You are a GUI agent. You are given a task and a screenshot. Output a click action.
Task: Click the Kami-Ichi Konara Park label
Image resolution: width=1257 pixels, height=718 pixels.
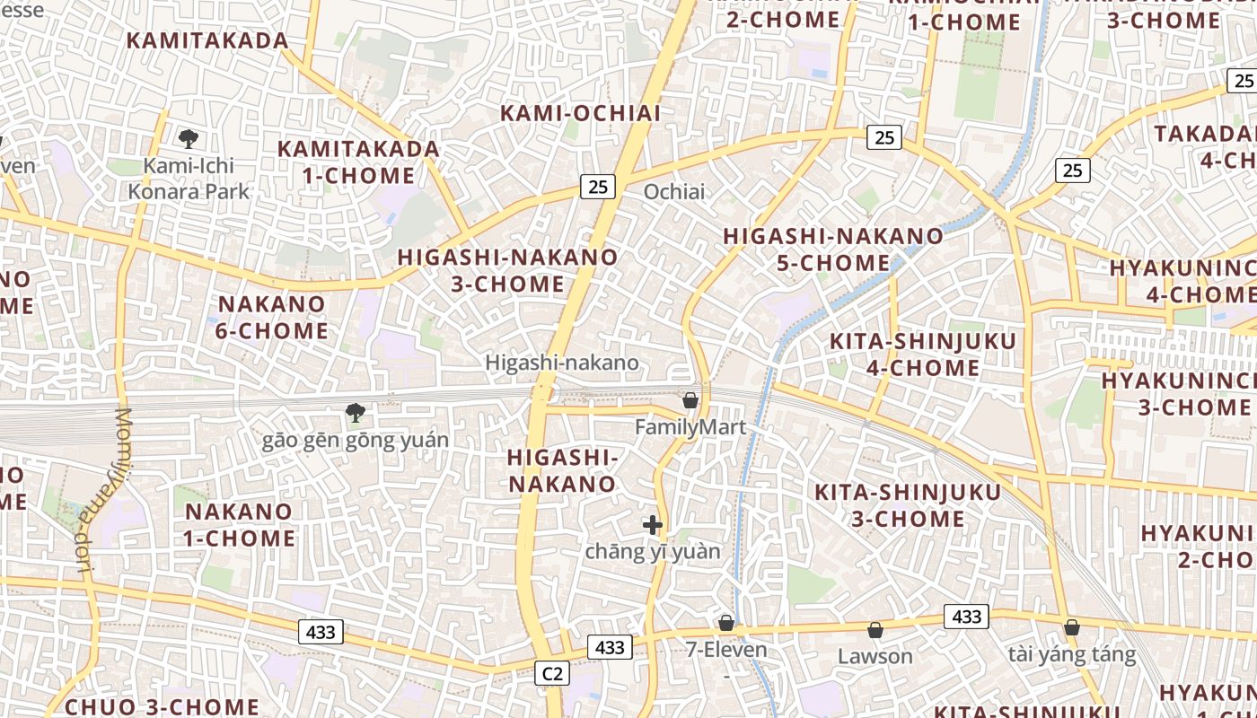(189, 179)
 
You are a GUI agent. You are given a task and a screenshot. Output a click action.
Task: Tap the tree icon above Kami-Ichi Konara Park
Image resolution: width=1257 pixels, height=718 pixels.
(188, 138)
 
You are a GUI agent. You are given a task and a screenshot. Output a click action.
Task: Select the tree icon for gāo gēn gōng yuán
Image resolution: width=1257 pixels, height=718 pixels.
(356, 413)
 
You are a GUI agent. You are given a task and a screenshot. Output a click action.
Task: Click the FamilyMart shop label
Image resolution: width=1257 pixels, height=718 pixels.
(690, 427)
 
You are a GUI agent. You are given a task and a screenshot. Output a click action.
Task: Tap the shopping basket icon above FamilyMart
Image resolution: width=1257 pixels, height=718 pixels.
(690, 400)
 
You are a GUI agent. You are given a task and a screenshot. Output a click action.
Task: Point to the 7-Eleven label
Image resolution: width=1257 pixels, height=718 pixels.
(726, 649)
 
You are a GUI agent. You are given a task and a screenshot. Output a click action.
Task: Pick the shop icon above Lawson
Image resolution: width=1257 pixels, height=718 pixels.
(875, 630)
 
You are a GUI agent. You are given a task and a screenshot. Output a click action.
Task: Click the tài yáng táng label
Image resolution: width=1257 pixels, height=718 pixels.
(1071, 654)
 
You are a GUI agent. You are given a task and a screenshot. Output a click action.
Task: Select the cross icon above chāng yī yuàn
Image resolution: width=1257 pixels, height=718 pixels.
(653, 525)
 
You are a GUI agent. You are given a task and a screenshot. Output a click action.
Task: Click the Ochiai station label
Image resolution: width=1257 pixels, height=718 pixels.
(674, 191)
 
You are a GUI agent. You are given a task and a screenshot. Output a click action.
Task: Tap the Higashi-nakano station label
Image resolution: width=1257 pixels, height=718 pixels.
(562, 363)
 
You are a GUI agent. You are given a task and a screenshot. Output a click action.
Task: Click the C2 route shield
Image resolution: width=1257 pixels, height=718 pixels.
(552, 672)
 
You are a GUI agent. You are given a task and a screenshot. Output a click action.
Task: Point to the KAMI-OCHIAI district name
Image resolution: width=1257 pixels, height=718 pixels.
(580, 113)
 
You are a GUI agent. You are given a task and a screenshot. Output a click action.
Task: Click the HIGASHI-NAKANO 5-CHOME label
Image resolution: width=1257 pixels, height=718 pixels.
(833, 250)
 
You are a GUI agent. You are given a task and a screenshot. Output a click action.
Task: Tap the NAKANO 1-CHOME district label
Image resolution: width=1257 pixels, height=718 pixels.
(240, 525)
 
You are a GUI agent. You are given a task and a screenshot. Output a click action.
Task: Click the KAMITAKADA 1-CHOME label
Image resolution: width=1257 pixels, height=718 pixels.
(358, 162)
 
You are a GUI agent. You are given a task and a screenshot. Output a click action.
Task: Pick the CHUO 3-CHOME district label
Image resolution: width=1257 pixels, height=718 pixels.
(163, 705)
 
